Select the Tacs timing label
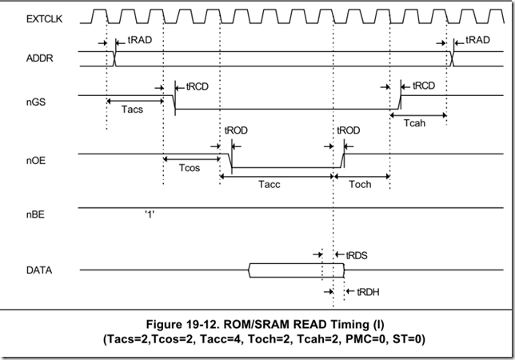point(134,110)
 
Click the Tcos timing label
point(190,169)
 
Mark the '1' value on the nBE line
point(150,215)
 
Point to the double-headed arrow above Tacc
point(276,174)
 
